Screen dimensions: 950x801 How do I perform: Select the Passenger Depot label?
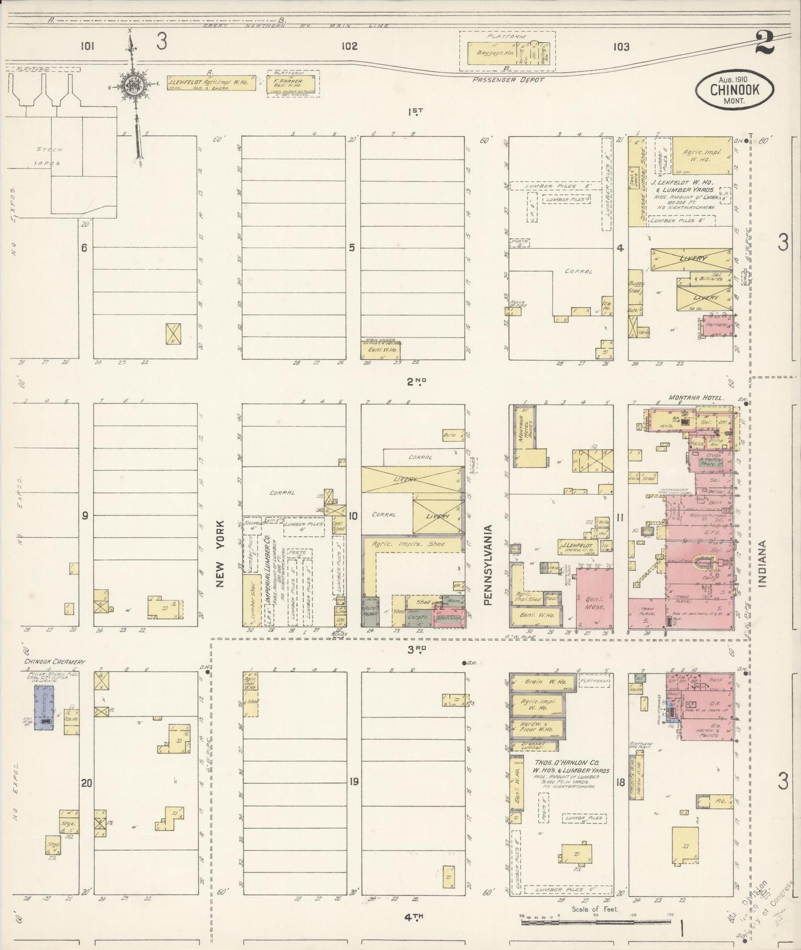[x=508, y=80]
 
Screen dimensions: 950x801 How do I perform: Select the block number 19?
[x=353, y=782]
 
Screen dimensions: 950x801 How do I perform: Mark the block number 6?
[x=84, y=248]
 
